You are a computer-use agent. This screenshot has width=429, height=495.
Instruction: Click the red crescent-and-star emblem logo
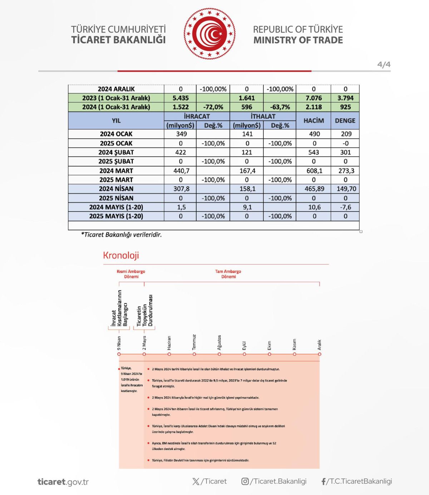(209, 34)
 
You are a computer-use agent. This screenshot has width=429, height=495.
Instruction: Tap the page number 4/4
(384, 65)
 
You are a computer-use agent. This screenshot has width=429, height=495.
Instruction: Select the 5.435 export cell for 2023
(181, 98)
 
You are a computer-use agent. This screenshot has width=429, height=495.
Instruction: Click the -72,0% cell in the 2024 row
(213, 107)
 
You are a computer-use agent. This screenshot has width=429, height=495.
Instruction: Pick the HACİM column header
(314, 121)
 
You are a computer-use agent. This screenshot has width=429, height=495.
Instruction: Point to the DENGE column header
(345, 121)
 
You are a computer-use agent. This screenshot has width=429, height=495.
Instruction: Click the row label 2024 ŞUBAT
(116, 152)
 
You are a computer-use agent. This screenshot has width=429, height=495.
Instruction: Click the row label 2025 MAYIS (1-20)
(116, 216)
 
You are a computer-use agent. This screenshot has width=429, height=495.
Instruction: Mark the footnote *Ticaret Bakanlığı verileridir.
(122, 235)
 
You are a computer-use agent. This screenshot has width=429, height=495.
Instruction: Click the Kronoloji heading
(121, 255)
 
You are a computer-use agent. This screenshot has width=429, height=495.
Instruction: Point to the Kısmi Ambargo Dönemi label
(131, 274)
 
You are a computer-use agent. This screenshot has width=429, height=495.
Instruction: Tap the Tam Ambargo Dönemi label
(228, 274)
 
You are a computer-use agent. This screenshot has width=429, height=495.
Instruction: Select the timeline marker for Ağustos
(219, 354)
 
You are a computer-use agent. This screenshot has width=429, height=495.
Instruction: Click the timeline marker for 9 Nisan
(119, 354)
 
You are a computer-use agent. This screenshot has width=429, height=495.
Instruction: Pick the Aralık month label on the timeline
(319, 345)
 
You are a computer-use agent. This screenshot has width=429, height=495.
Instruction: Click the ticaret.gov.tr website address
(63, 482)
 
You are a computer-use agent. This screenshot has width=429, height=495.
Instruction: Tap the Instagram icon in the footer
(245, 481)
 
